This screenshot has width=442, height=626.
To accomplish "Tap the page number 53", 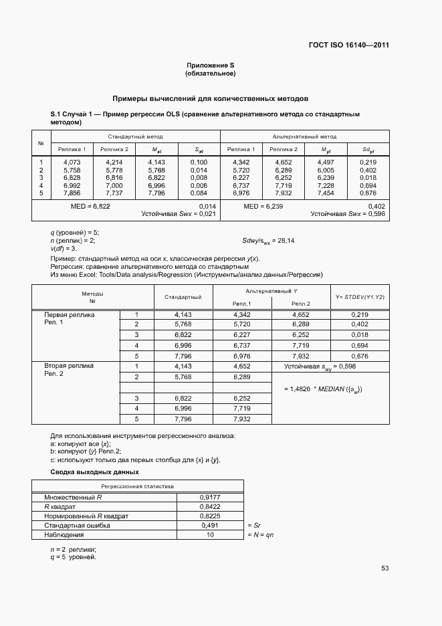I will tap(384, 568).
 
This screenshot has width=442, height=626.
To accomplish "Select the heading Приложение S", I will tap(210, 66).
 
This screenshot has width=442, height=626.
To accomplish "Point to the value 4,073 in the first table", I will tap(72, 163).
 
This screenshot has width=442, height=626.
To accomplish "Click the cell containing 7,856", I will tap(72, 193).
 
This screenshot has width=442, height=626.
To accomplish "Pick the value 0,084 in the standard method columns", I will tap(199, 193).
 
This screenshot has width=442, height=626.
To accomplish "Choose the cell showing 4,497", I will tap(325, 163).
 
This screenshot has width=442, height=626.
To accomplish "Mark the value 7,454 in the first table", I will tap(325, 193).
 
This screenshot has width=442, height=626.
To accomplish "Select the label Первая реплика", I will tap(69, 314).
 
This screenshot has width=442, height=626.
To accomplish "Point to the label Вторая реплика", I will tap(69, 366).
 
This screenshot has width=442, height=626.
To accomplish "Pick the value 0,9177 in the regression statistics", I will tap(210, 498).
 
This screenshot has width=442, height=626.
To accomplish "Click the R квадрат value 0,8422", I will tap(210, 507).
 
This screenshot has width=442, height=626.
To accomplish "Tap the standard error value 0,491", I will tap(210, 526).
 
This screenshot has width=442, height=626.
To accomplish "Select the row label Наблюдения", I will tap(64, 535).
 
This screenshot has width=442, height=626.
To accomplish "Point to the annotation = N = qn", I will tap(261, 535).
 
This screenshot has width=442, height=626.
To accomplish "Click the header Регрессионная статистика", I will tap(137, 487).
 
